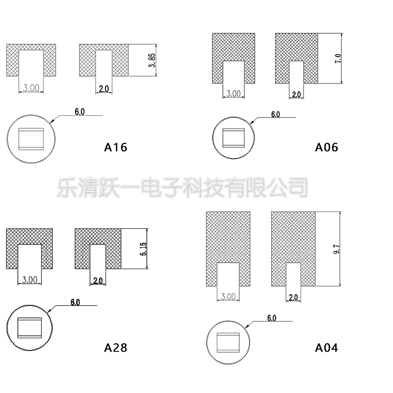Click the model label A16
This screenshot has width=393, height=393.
click(116, 147)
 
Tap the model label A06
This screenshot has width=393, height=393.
click(326, 147)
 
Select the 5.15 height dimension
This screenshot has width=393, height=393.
click(143, 249)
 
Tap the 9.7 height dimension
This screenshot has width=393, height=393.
click(337, 248)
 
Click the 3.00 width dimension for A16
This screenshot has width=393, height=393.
click(31, 88)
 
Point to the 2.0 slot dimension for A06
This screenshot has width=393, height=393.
click(296, 94)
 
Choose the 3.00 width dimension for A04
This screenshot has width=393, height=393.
click(228, 296)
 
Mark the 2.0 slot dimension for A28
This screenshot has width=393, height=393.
click(98, 281)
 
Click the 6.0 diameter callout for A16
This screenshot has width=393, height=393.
click(80, 111)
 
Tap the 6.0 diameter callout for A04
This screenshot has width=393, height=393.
click(272, 317)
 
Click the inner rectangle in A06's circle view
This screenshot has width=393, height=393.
click(234, 137)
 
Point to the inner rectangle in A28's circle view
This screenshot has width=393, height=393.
click(30, 327)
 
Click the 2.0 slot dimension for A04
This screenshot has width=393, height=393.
click(293, 297)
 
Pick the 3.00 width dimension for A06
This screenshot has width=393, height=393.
click(233, 94)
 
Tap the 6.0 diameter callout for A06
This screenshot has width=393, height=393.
click(275, 114)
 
